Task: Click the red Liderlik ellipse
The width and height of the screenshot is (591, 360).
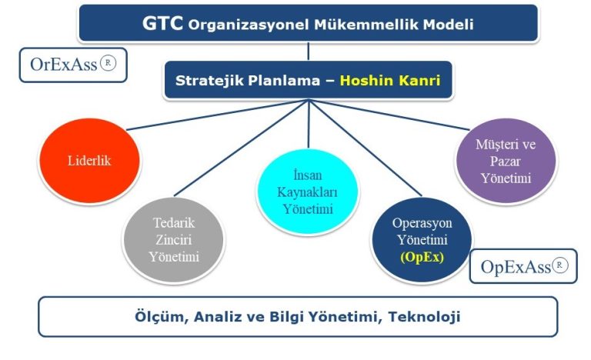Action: pyautogui.click(x=90, y=161)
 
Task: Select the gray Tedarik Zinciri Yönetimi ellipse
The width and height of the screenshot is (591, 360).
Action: pyautogui.click(x=174, y=240)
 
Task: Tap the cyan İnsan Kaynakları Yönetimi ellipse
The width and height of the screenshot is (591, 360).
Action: pyautogui.click(x=307, y=192)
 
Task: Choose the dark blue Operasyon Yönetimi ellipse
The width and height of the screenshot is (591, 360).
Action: pyautogui.click(x=422, y=240)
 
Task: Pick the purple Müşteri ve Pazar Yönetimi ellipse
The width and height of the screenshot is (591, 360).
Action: pyautogui.click(x=506, y=161)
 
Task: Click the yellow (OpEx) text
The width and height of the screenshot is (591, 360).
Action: pyautogui.click(x=422, y=257)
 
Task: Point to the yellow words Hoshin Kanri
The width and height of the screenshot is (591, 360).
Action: pyautogui.click(x=390, y=80)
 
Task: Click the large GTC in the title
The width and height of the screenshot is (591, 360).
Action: pyautogui.click(x=162, y=23)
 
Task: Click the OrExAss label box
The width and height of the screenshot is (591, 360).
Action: pyautogui.click(x=73, y=65)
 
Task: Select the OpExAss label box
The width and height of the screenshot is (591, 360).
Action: pyautogui.click(x=523, y=266)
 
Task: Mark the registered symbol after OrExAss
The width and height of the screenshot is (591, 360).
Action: pyautogui.click(x=109, y=63)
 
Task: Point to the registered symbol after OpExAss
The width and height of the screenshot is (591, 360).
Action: pyautogui.click(x=559, y=265)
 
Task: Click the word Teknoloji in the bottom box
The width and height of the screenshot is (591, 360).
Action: pyautogui.click(x=425, y=317)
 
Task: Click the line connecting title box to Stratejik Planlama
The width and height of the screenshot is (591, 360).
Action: pyautogui.click(x=309, y=51)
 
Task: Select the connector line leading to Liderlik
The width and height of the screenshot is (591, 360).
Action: pyautogui.click(x=218, y=115)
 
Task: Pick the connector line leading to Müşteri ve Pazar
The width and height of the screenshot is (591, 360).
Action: pyautogui.click(x=389, y=115)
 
